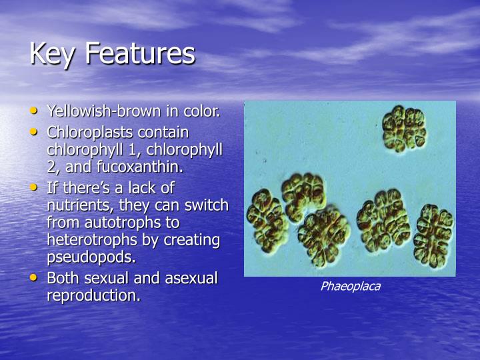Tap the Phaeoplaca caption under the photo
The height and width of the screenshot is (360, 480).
tap(350, 287)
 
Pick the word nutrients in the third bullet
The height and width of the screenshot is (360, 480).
tap(73, 205)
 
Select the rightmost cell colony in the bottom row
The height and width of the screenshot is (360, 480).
tap(433, 235)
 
